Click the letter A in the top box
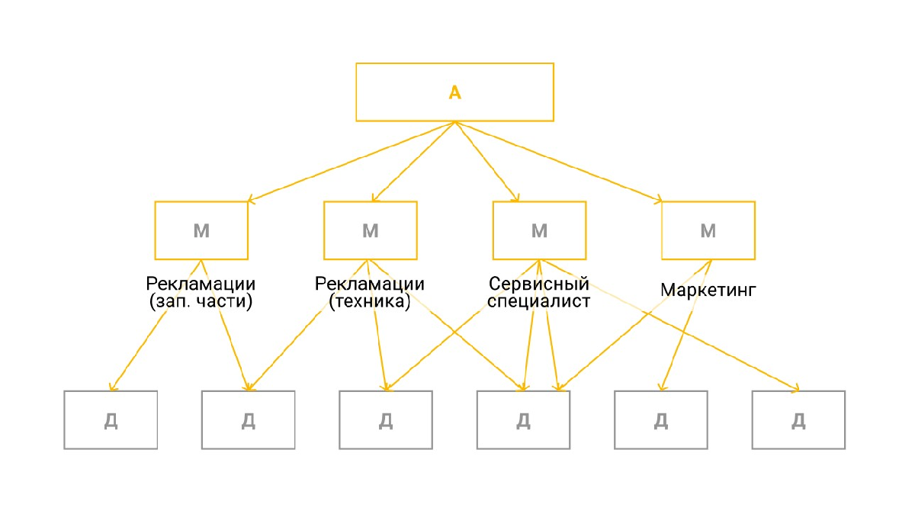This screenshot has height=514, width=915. coord(454,92)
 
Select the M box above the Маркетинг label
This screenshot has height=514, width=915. coord(708,230)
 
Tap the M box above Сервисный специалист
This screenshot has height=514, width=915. coord(539,230)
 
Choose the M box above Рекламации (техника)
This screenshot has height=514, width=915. coord(370,230)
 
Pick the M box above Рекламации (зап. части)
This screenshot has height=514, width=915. coord(201,230)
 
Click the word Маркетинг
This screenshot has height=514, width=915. coord(708,290)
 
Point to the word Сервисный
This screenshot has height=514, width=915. coord(539,284)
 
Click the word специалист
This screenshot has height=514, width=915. coord(539,301)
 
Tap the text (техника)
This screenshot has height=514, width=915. coord(370,301)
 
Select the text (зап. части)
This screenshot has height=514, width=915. coord(201,301)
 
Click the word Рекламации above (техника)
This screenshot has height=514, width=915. coord(370,284)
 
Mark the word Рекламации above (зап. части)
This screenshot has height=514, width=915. coord(201,284)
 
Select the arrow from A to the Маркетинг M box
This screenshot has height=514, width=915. coord(558,162)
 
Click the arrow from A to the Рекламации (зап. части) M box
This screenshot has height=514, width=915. coord(352,162)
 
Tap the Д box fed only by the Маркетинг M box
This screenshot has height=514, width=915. coord(661,420)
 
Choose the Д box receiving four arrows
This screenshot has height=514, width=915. coord(523,420)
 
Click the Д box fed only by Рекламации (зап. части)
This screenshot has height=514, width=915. coord(111,420)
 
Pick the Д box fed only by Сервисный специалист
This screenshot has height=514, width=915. coord(798,420)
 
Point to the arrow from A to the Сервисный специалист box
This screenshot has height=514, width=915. coord(486,162)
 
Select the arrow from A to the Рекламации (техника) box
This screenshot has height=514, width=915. coord(413,162)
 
